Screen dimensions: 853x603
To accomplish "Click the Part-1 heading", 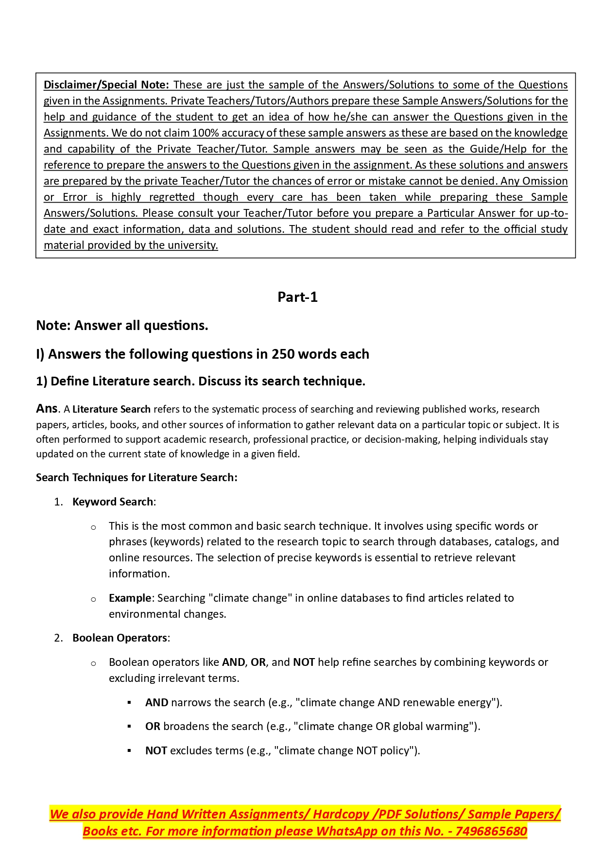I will click(297, 297).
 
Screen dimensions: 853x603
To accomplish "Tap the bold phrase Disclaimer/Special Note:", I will click(106, 85).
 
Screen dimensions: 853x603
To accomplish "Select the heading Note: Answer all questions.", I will click(122, 325).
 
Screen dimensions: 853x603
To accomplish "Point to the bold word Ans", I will click(47, 408).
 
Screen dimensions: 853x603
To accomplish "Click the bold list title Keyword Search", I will click(113, 502).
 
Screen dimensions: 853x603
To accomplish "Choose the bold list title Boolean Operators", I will click(120, 638).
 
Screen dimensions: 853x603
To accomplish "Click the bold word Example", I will click(130, 598).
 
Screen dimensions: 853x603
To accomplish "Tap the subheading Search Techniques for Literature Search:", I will click(137, 477).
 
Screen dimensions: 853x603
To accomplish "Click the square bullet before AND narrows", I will click(129, 702).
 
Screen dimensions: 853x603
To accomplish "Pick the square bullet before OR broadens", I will click(129, 726).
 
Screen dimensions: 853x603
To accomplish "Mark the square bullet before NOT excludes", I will click(129, 750).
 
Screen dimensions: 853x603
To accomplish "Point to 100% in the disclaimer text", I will click(204, 133).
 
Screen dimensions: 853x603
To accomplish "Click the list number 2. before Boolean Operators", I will click(59, 638).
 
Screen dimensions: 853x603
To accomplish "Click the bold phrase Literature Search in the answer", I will click(111, 409).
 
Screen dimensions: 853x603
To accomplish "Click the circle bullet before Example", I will click(93, 599).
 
